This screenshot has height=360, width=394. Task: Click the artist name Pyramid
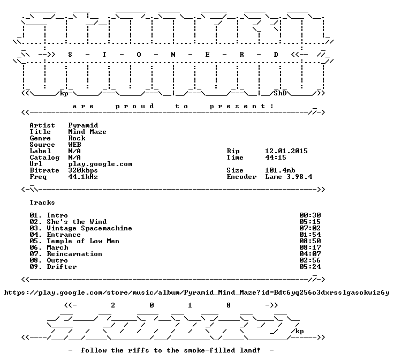(83, 125)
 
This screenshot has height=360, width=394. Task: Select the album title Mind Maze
(87, 132)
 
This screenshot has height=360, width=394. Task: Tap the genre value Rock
(77, 138)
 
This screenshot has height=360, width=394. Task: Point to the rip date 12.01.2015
(286, 151)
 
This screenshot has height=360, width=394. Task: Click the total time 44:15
(276, 157)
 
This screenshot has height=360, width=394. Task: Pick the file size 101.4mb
(280, 170)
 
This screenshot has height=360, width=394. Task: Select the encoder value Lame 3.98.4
(289, 177)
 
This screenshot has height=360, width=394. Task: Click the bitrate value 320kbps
(83, 170)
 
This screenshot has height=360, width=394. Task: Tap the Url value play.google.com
(100, 164)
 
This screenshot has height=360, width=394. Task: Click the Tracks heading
(42, 202)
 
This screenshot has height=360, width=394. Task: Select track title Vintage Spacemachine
(89, 228)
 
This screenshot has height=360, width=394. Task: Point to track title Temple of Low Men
(83, 241)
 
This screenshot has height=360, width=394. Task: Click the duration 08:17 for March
(310, 247)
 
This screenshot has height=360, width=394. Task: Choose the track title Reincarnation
(74, 254)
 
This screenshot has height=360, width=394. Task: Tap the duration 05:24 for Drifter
(310, 267)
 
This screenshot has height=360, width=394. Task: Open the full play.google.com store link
(197, 292)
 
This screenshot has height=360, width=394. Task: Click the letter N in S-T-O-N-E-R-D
(173, 55)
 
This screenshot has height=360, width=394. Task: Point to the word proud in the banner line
(135, 107)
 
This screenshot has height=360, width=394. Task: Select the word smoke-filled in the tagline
(209, 350)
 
